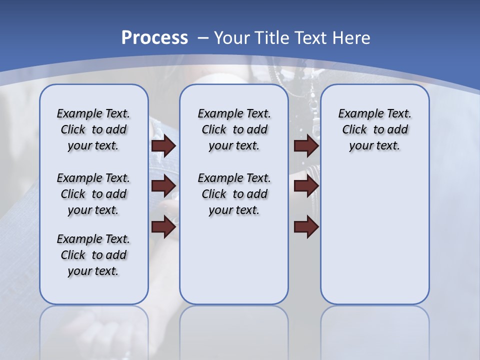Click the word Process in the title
154,37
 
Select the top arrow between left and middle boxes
163,145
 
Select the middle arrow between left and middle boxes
163,186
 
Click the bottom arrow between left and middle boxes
163,227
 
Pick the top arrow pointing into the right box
306,145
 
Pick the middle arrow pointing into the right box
306,186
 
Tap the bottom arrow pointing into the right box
306,227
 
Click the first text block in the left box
93,129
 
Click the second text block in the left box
93,194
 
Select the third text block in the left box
93,255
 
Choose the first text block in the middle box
234,129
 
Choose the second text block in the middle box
234,194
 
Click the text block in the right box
375,129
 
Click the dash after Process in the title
203,38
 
